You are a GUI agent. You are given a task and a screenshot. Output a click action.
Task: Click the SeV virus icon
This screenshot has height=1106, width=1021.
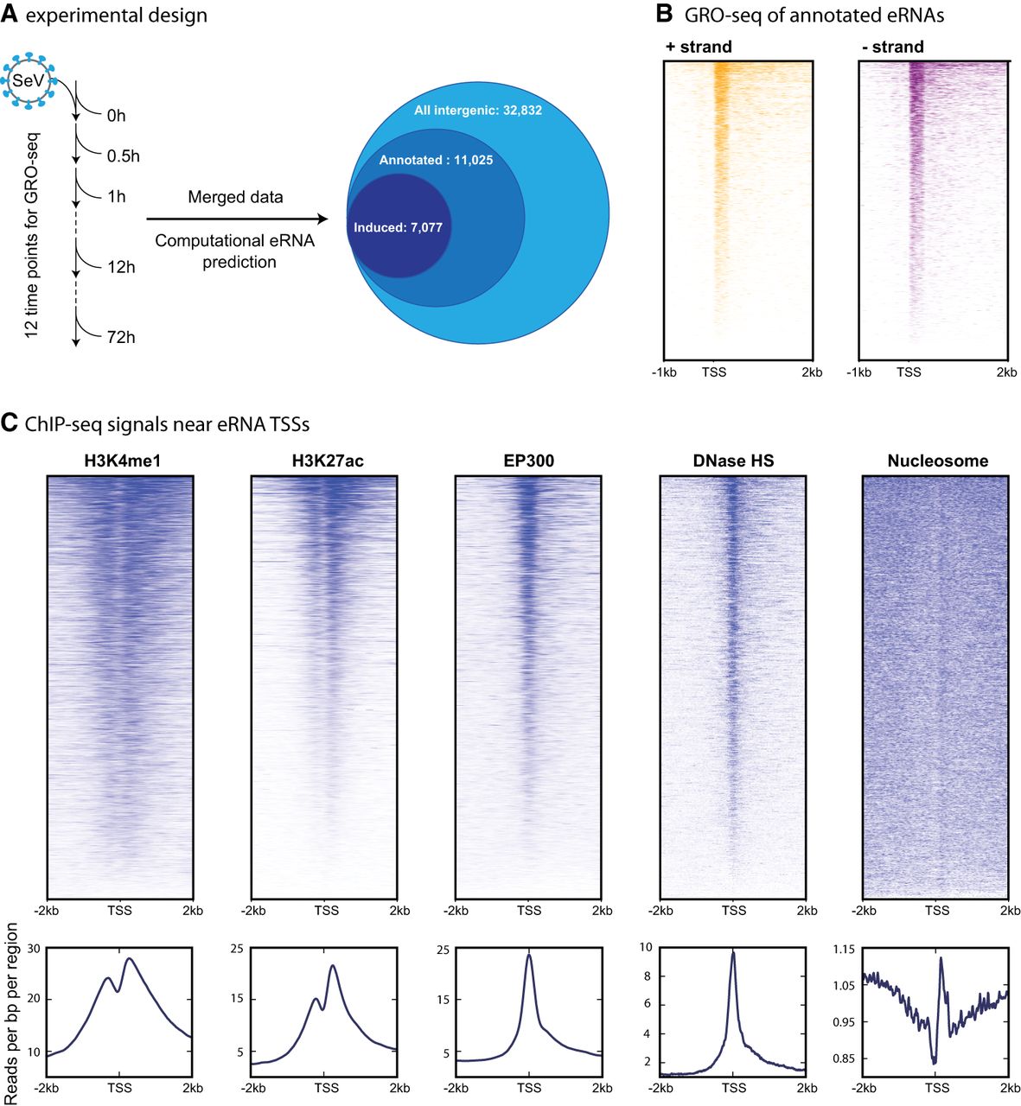pyautogui.click(x=29, y=80)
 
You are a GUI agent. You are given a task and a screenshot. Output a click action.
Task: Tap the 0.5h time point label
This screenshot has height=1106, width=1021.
pyautogui.click(x=123, y=156)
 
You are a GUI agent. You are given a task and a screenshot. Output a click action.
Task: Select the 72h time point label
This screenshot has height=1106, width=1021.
pyautogui.click(x=121, y=338)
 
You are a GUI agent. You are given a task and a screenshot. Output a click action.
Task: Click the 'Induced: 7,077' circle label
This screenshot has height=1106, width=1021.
pyautogui.click(x=398, y=227)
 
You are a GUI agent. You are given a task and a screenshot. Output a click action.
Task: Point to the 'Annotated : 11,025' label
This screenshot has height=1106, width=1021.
pyautogui.click(x=436, y=161)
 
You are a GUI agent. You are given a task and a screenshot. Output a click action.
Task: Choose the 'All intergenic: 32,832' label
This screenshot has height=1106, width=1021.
pyautogui.click(x=477, y=111)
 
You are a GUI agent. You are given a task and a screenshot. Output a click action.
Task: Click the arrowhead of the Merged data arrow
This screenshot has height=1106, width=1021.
pyautogui.click(x=322, y=219)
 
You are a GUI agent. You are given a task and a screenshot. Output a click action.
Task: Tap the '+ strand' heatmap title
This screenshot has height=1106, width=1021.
pyautogui.click(x=699, y=47)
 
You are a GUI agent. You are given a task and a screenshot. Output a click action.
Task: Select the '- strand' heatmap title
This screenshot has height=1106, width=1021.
pyautogui.click(x=893, y=47)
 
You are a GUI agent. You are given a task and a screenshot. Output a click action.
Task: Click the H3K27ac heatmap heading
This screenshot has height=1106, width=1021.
pyautogui.click(x=328, y=461)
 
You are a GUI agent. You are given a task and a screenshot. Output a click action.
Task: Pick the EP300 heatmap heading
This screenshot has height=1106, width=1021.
pyautogui.click(x=529, y=461)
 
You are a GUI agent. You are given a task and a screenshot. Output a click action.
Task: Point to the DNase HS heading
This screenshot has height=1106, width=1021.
pyautogui.click(x=733, y=461)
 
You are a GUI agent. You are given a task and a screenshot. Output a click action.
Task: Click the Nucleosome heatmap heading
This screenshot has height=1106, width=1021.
pyautogui.click(x=938, y=461)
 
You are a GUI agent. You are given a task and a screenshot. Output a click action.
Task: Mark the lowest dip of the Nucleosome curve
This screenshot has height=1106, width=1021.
pyautogui.click(x=934, y=1063)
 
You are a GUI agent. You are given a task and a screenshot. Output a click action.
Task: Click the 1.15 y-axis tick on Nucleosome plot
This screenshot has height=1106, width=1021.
pyautogui.click(x=843, y=950)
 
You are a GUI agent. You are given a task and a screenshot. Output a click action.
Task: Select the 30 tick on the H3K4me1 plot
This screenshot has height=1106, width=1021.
pyautogui.click(x=34, y=949)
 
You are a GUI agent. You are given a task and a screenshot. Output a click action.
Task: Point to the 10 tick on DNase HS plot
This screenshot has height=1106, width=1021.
pyautogui.click(x=646, y=947)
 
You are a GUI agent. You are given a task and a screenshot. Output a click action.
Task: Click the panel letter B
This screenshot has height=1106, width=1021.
pyautogui.click(x=664, y=13)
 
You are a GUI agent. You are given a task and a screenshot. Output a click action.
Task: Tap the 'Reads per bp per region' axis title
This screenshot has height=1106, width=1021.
pyautogui.click(x=10, y=1014)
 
